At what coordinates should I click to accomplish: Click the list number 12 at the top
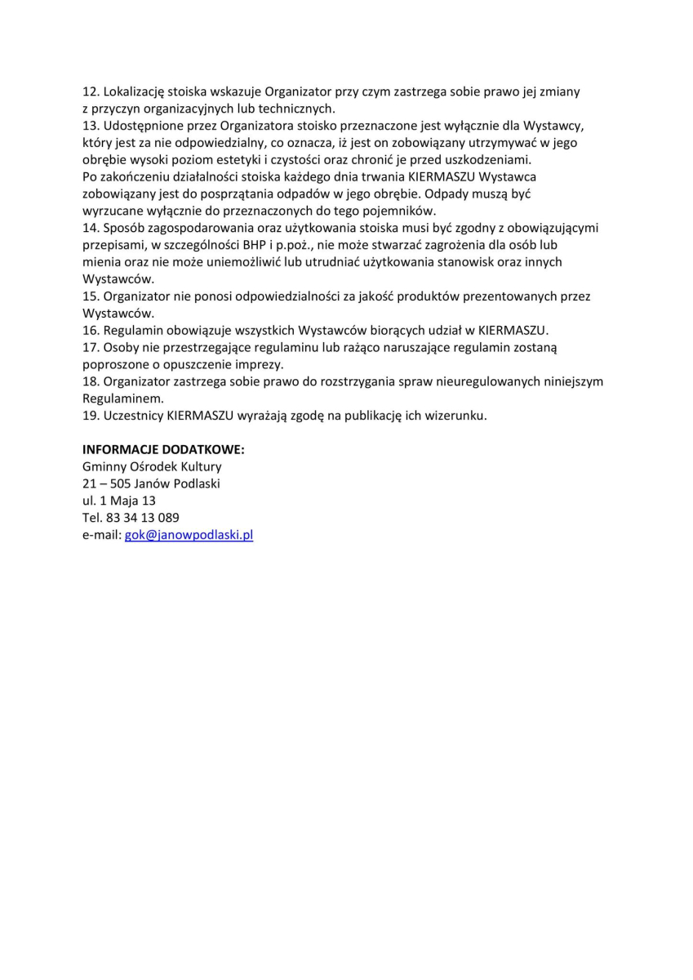(x=91, y=92)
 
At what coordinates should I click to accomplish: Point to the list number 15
(x=91, y=296)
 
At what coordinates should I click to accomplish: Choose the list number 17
(x=91, y=348)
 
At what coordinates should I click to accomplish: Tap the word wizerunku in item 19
(x=455, y=416)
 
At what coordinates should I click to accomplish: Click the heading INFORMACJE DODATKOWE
(x=164, y=450)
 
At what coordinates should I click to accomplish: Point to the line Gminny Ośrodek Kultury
(x=152, y=467)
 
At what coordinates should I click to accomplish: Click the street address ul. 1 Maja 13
(x=119, y=501)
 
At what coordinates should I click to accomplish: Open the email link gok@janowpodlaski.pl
(x=189, y=535)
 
